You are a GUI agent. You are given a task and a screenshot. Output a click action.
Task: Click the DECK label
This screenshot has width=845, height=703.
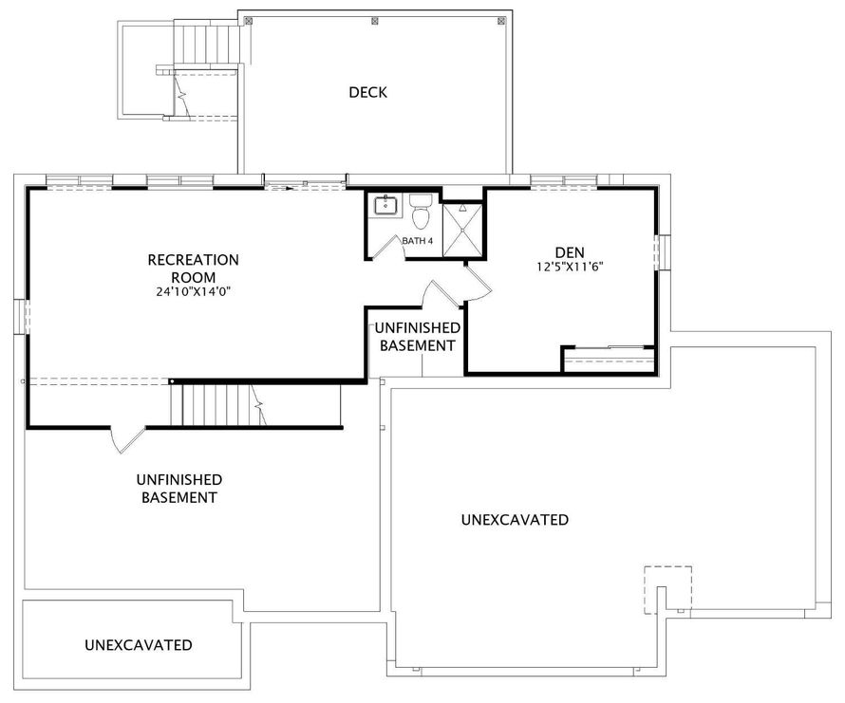pyautogui.click(x=367, y=92)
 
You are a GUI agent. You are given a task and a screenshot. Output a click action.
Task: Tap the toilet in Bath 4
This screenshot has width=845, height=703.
pyautogui.click(x=421, y=211)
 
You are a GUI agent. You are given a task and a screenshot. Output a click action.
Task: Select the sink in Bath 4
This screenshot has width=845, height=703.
pyautogui.click(x=385, y=206)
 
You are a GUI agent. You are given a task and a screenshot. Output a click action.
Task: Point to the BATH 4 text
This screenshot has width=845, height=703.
pyautogui.click(x=418, y=241)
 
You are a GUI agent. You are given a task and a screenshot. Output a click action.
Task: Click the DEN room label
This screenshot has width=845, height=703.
pyautogui.click(x=570, y=252)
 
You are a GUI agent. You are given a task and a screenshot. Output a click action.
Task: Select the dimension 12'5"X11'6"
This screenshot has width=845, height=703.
pyautogui.click(x=570, y=267)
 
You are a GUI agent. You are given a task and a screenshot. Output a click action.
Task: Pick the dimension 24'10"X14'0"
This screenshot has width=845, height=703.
pyautogui.click(x=194, y=292)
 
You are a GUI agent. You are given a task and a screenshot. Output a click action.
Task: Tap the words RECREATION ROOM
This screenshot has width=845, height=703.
pyautogui.click(x=194, y=268)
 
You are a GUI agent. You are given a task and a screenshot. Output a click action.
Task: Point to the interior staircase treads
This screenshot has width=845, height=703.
pyautogui.click(x=218, y=404)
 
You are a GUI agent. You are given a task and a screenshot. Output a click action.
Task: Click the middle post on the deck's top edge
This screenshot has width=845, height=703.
pyautogui.click(x=375, y=22)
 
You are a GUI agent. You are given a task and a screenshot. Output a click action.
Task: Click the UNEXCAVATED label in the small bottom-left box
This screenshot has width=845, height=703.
pyautogui.click(x=139, y=645)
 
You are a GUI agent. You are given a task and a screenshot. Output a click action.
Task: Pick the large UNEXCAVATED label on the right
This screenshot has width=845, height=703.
pyautogui.click(x=515, y=519)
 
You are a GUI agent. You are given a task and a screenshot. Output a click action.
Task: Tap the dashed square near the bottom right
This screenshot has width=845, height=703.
pyautogui.click(x=668, y=590)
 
